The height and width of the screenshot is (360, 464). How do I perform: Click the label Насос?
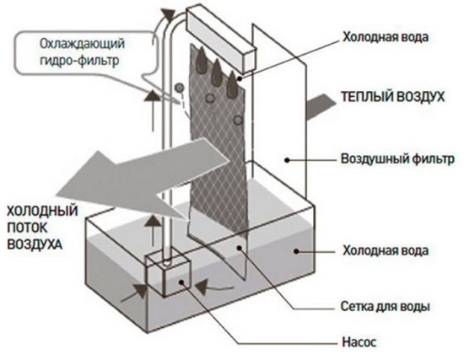coord(359,342)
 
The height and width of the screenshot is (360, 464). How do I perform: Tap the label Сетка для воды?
coord(385,306)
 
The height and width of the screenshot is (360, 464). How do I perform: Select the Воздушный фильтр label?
coord(397,159)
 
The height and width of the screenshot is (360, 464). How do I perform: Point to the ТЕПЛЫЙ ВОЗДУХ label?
coord(393,97)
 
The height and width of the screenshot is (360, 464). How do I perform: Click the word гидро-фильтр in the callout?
coord(79,61)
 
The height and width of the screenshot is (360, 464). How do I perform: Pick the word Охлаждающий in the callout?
coord(83,44)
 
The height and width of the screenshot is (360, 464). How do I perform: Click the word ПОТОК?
coord(27,228)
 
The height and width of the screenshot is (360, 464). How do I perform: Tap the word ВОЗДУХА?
coord(35,244)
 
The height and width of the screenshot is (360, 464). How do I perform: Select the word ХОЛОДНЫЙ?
coord(42,212)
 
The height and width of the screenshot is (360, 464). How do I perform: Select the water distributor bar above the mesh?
coord(221,40)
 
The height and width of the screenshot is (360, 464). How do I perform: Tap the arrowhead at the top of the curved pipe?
coord(169,14)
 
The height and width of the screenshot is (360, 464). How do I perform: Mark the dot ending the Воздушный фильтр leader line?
coord(287,160)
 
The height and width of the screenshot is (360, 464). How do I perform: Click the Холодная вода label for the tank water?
coord(386,250)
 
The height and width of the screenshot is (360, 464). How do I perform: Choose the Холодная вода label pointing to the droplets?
coord(386,37)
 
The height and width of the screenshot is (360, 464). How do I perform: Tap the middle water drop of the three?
coord(217,71)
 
